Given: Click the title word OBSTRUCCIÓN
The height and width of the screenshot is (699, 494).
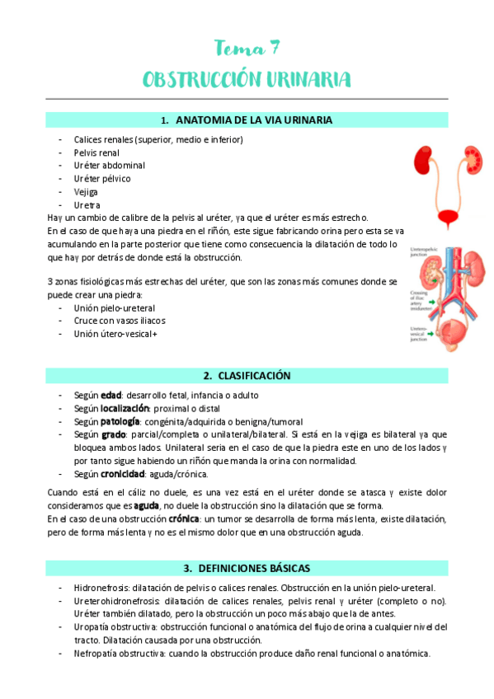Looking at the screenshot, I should pyautogui.click(x=200, y=79).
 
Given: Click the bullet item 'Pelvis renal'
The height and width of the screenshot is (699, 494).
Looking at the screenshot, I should pyautogui.click(x=96, y=152).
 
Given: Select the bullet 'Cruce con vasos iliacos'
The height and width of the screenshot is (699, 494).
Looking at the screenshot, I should pyautogui.click(x=120, y=321).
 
